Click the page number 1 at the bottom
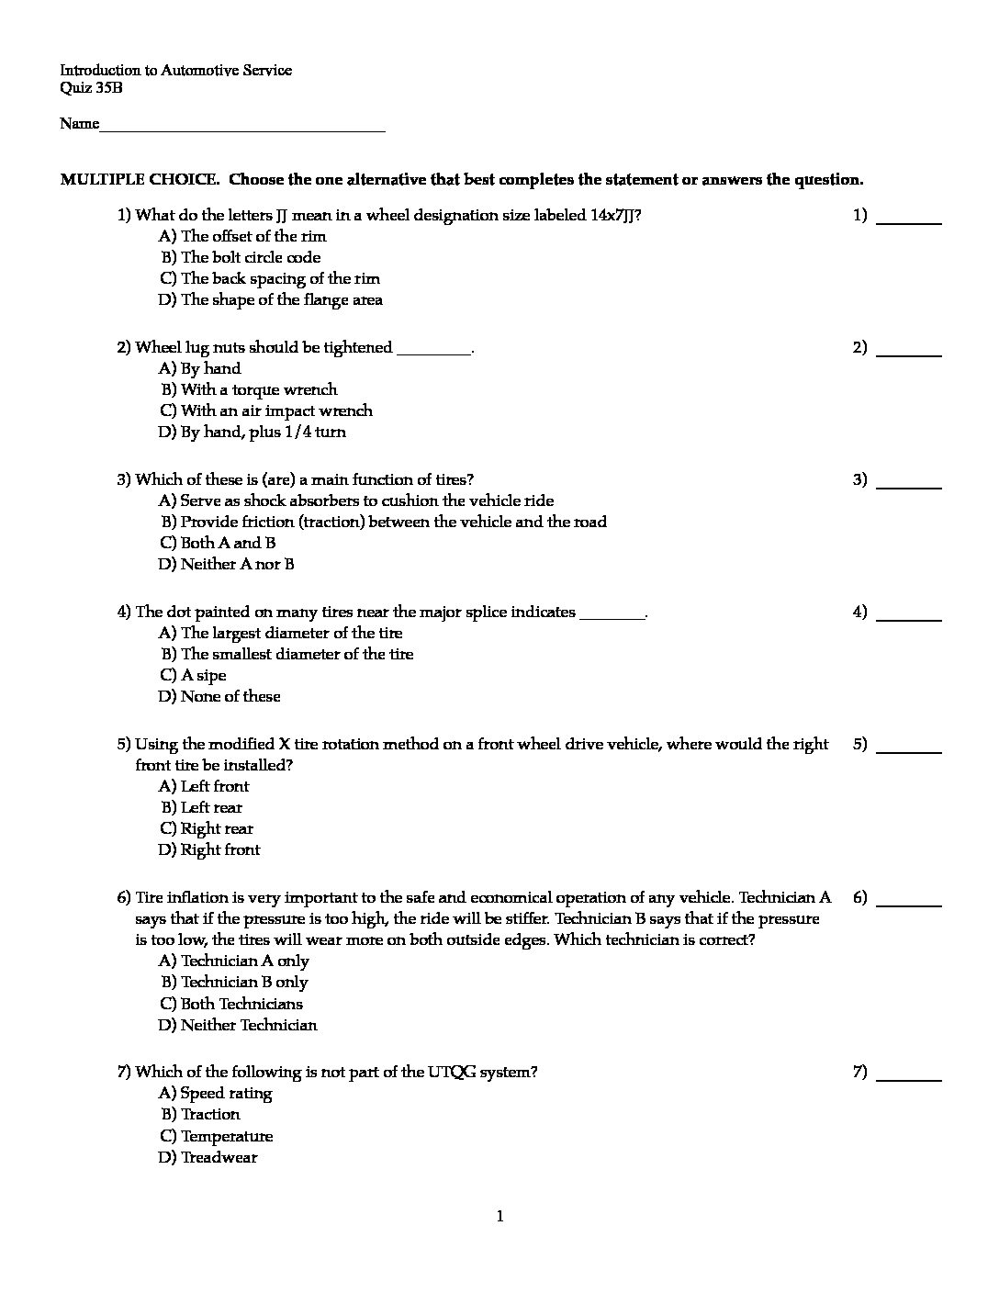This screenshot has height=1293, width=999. coord(499,1217)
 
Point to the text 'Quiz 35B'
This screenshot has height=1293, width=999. coord(91,88)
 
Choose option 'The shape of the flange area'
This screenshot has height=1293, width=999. coord(281,299)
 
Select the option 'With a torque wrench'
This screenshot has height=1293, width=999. coord(259,389)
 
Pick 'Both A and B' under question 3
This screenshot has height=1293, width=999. coord(228,543)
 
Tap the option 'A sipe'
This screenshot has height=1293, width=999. coord(203,675)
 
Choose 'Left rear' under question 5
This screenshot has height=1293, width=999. coord(211,807)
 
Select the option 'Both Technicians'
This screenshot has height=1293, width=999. coord(241,1004)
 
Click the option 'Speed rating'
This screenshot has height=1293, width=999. coord(226,1093)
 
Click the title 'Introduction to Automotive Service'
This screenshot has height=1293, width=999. coord(176,70)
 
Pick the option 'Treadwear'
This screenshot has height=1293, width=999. coord(219,1157)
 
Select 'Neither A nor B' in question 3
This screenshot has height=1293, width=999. coord(237,564)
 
